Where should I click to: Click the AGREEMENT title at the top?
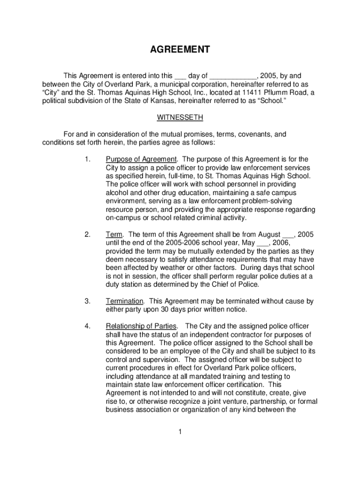tap(180, 50)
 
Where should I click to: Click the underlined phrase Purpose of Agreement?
tap(141, 159)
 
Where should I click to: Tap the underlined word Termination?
tap(124, 302)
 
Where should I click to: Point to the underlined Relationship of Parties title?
tap(141, 326)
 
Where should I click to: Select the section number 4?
tap(87, 326)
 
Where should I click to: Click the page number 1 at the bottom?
tap(180, 432)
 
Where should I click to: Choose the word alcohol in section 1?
tap(117, 193)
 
